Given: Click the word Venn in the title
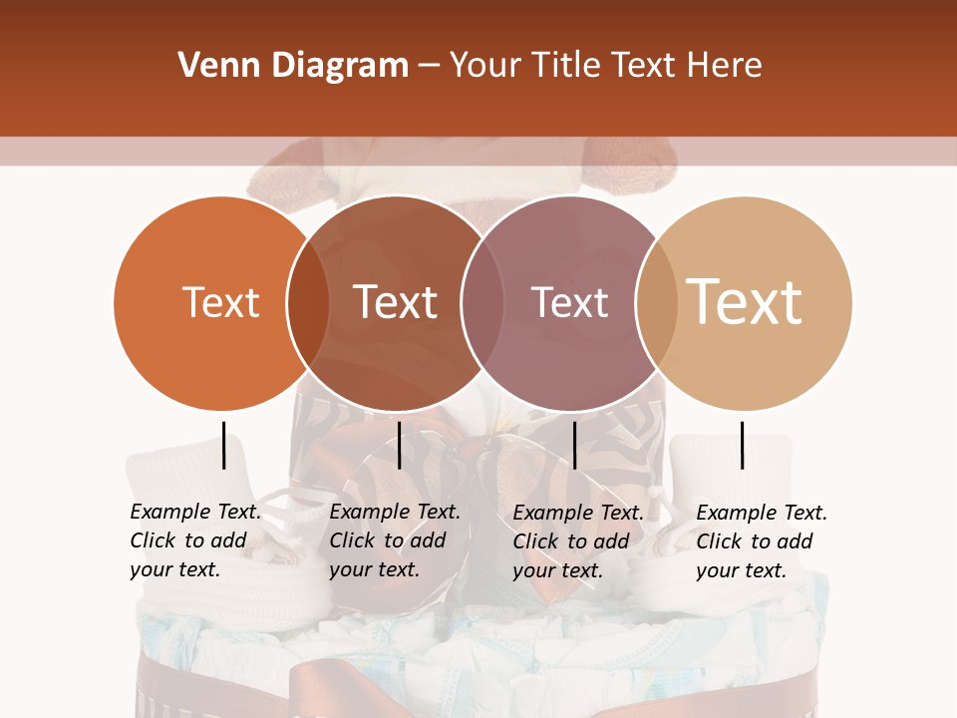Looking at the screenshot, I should coord(212,66).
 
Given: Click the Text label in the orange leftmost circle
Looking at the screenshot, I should coord(220,302).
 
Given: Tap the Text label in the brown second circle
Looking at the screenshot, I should coord(395,302).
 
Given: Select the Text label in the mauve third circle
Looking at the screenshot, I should coord(569,302).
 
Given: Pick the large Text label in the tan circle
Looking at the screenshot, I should coord(744,301).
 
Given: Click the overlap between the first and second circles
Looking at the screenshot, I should coord(308,303).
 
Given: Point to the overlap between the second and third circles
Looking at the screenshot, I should coord(482,303).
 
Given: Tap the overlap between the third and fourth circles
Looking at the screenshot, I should coord(656,303).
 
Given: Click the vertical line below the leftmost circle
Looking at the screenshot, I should coord(224,445).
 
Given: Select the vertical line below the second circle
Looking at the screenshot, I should coord(399,445).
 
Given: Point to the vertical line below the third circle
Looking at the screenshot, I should coord(574,445).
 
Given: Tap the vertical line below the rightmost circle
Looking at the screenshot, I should coord(742,445).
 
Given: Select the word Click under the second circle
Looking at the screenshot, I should coord(352,541).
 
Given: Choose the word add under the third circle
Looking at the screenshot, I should coord(609,541).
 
